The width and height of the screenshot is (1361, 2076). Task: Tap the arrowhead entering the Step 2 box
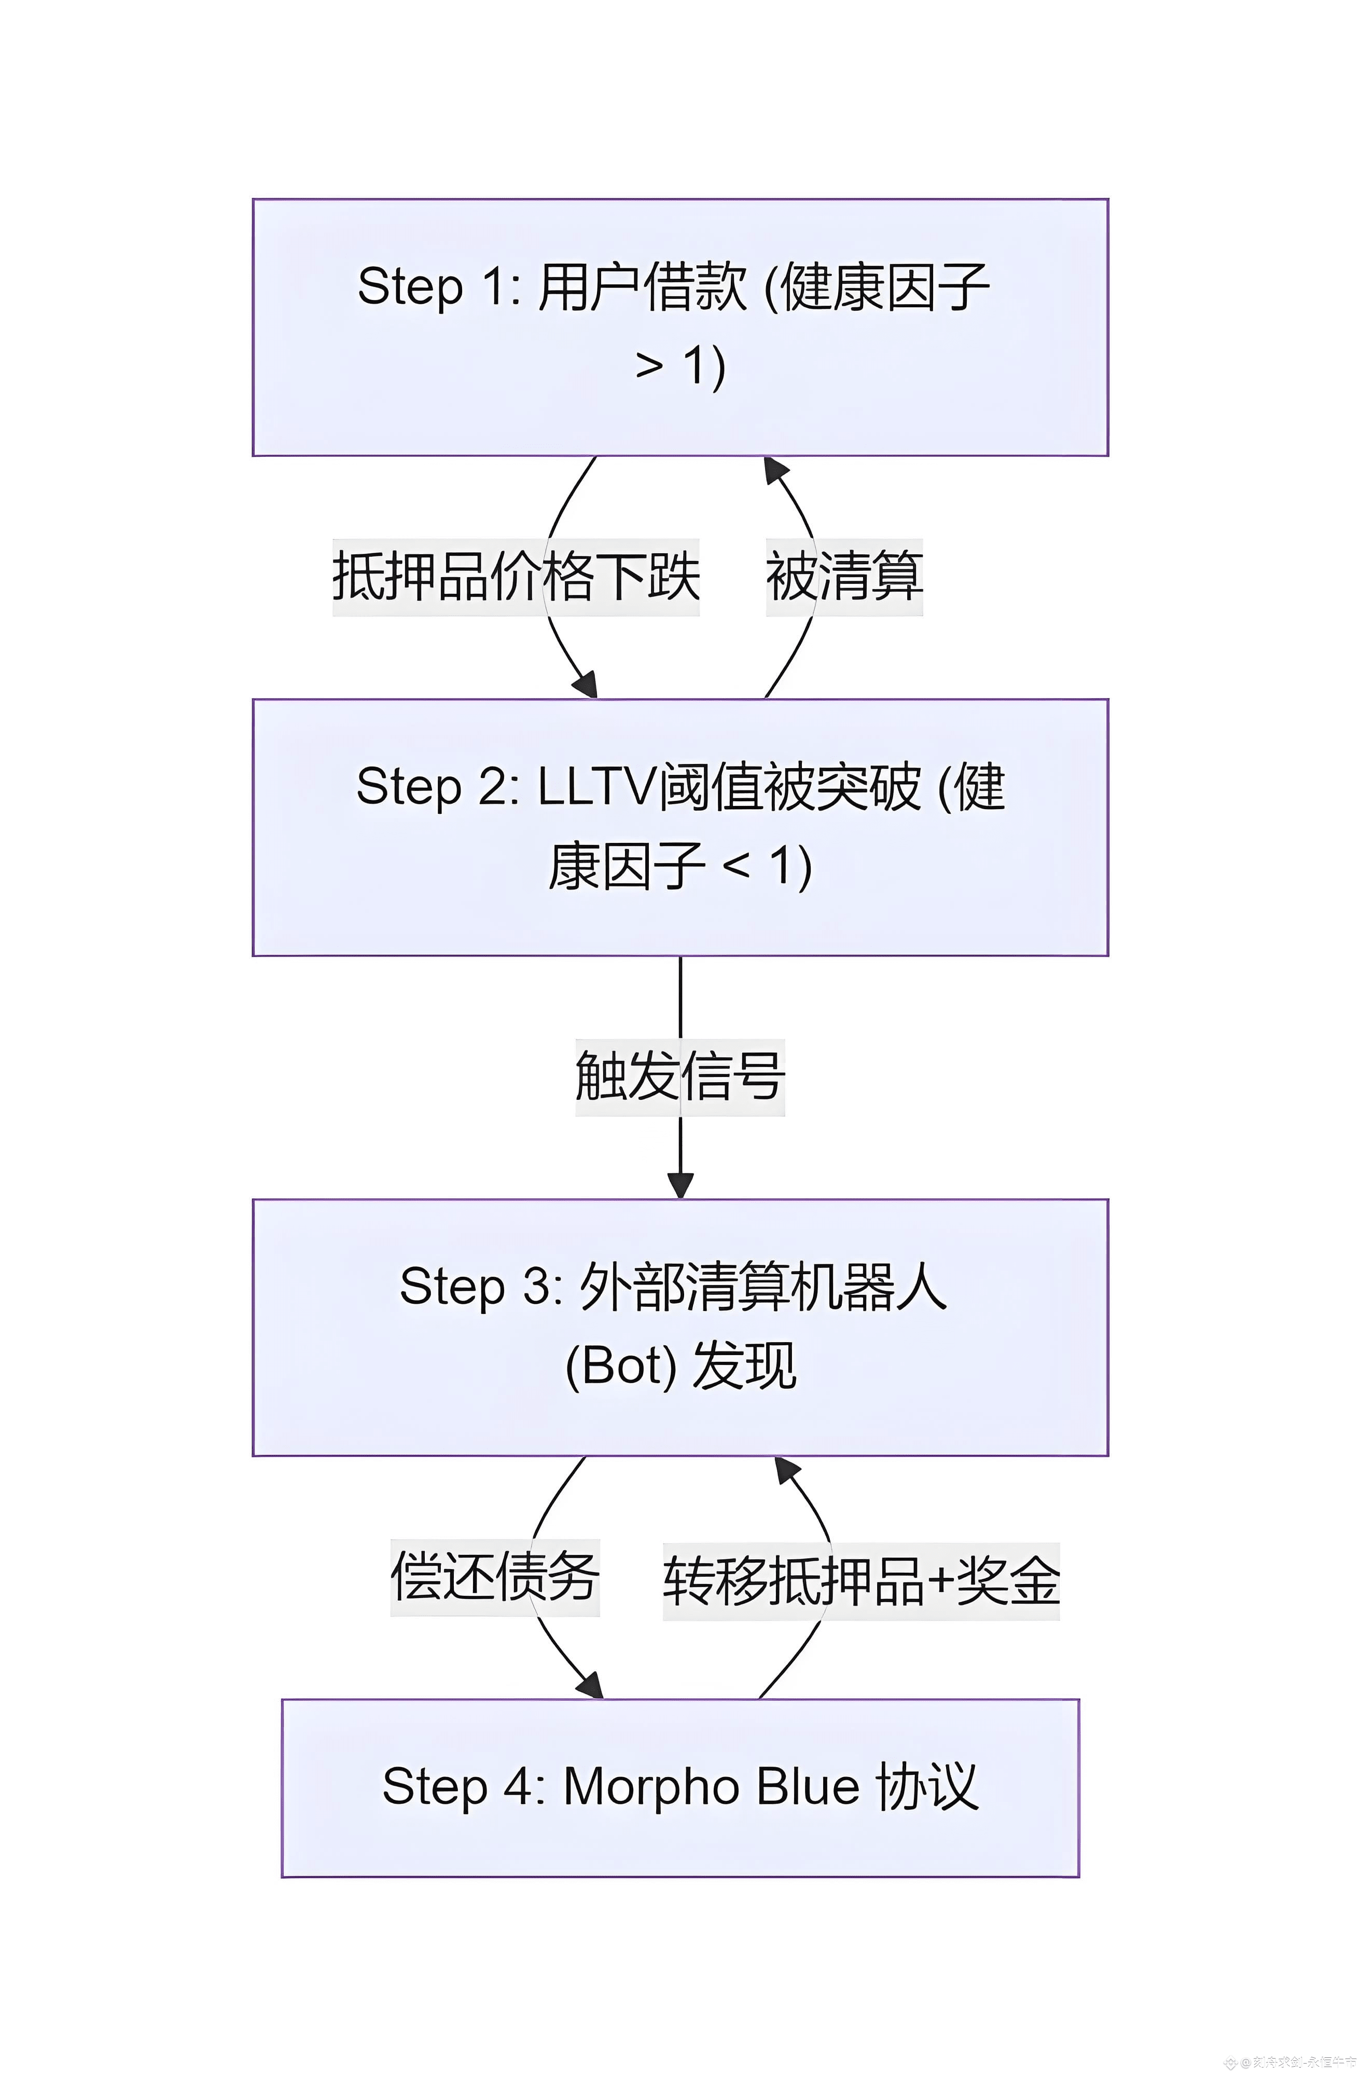pyautogui.click(x=587, y=685)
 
